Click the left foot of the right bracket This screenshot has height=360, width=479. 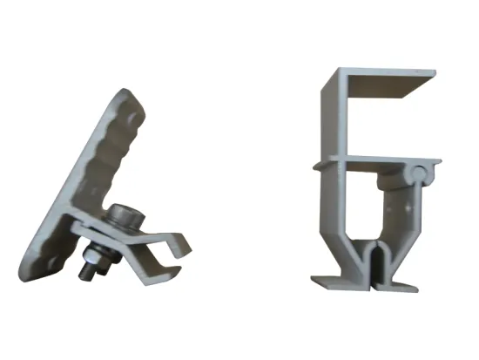tap(327, 279)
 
